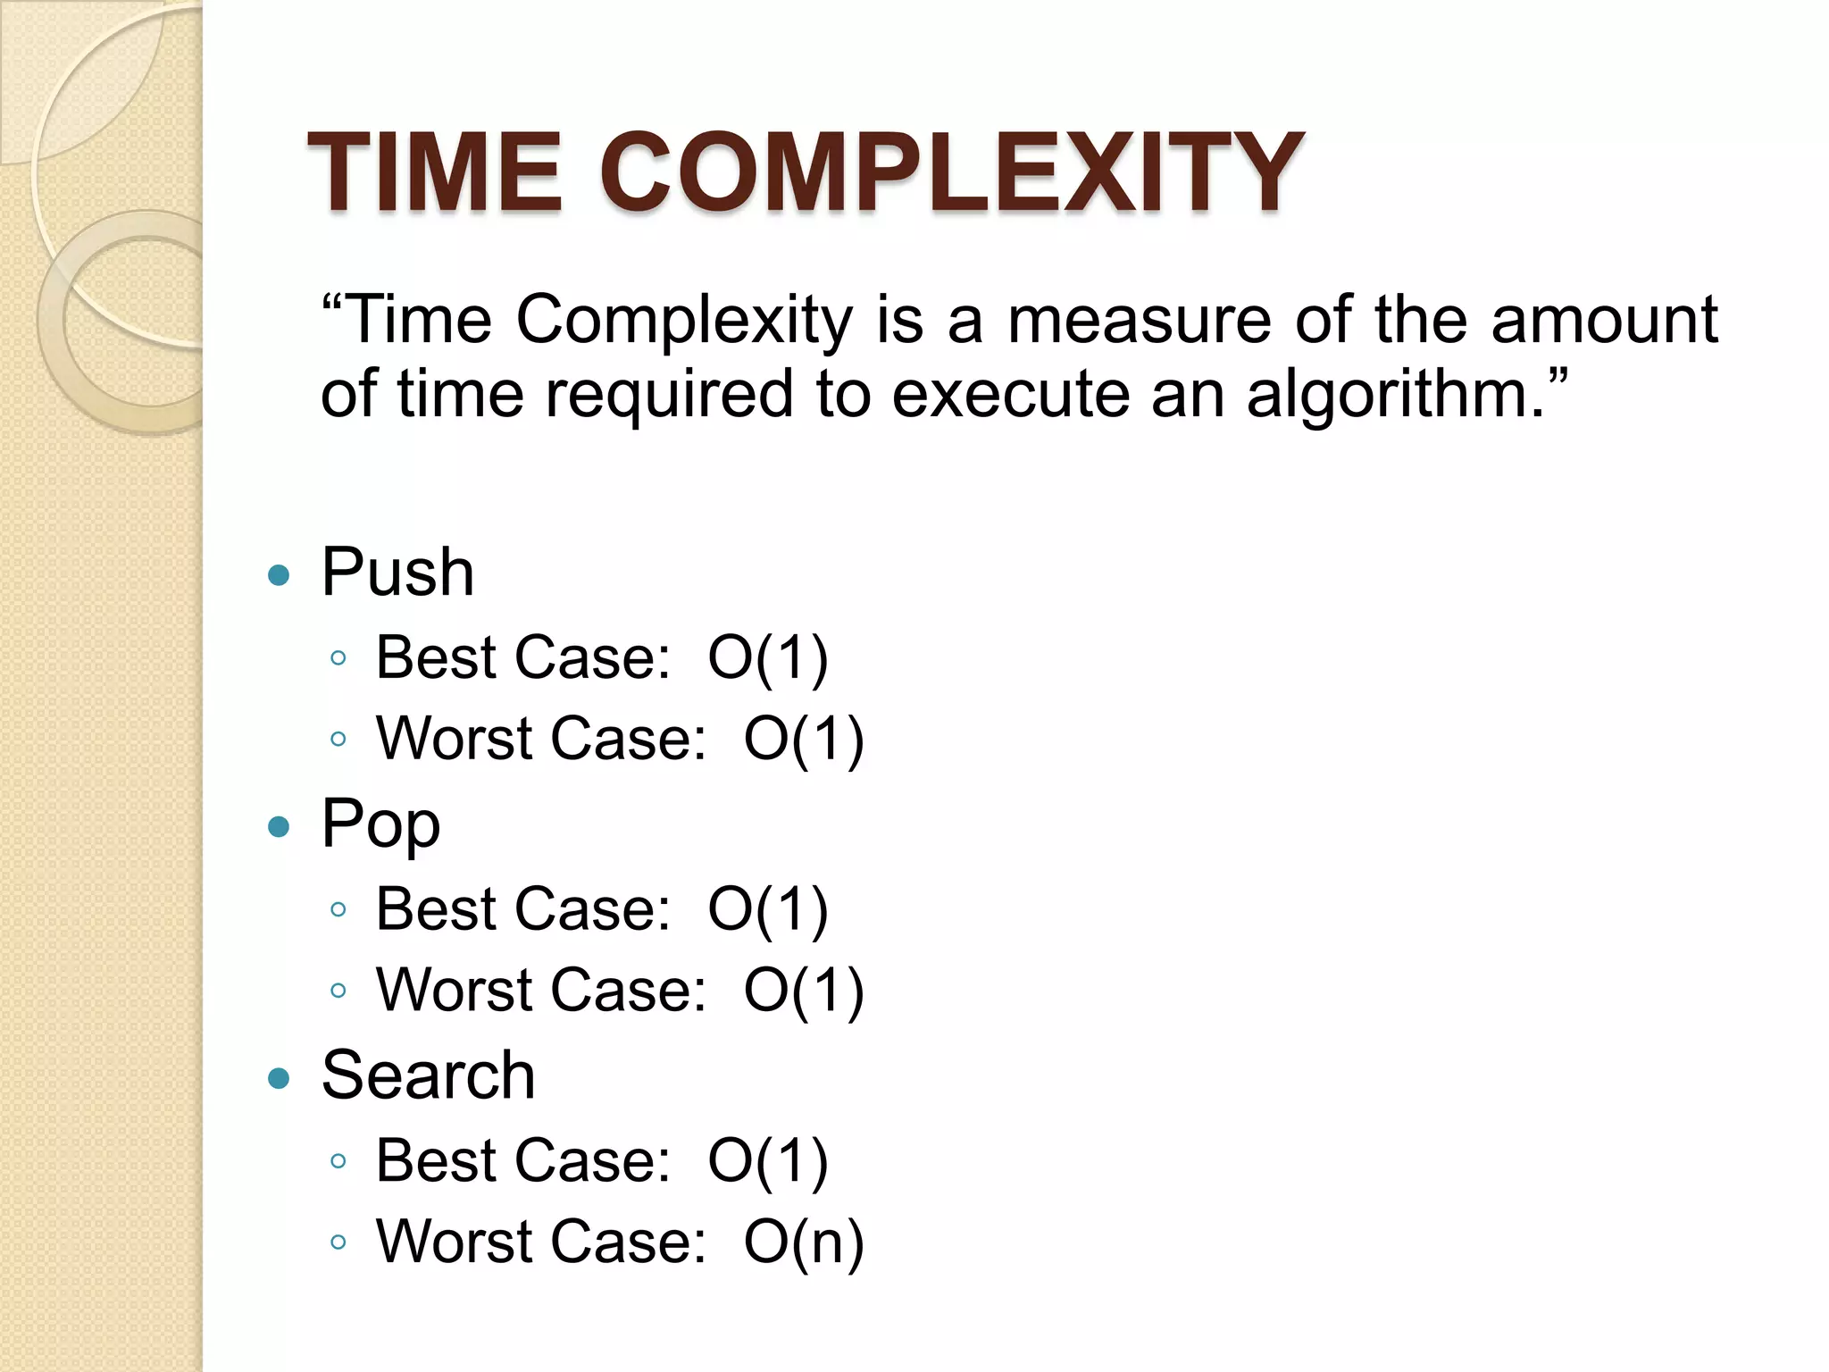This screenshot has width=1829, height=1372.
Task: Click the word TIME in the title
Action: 434,171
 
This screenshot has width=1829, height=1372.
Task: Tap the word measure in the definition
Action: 1140,320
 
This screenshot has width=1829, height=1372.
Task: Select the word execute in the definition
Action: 1010,394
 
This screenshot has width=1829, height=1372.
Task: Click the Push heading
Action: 397,572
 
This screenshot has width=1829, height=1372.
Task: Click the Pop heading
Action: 380,824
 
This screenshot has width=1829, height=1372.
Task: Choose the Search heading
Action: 428,1075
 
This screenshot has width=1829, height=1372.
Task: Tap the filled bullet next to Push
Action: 280,575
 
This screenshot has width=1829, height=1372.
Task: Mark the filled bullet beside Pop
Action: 280,827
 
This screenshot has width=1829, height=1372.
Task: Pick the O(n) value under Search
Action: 804,1242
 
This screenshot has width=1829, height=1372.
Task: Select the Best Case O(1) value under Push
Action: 768,658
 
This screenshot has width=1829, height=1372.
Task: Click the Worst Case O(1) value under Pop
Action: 804,991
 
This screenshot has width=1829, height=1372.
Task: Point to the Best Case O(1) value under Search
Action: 768,1161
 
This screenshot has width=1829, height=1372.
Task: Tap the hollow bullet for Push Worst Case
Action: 338,740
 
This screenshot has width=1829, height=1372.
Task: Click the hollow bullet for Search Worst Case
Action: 338,1242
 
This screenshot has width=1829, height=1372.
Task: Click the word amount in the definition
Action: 1604,320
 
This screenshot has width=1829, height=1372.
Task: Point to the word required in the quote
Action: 669,394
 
